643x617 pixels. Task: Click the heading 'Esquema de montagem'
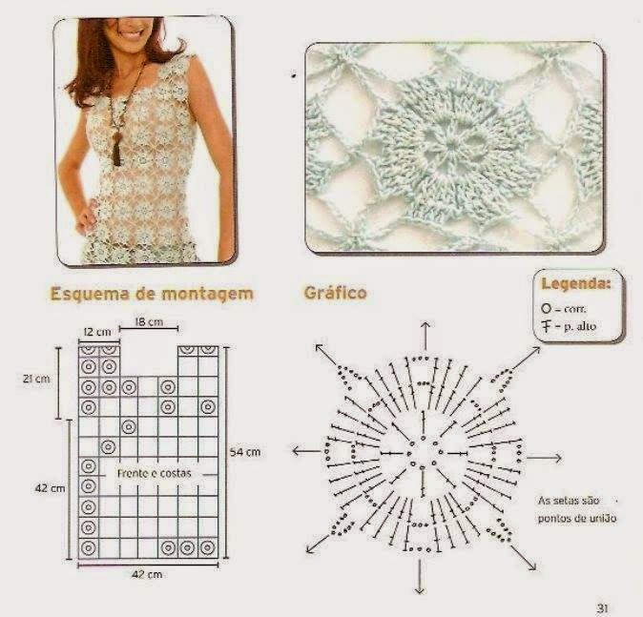point(152,294)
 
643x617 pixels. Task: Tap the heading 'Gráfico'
point(335,293)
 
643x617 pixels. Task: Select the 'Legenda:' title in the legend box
point(576,283)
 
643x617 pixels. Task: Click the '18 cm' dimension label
point(149,321)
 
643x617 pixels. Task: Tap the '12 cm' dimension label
point(97,332)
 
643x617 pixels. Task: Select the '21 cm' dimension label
point(36,379)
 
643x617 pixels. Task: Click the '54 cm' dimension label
point(245,452)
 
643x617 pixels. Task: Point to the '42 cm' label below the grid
point(147,574)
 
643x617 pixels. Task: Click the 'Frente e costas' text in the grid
point(155,474)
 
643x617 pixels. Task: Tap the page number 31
point(602,608)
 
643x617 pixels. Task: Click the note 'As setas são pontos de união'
point(577,509)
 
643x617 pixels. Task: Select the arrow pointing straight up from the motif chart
point(425,337)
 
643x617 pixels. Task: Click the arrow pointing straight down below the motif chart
point(420,577)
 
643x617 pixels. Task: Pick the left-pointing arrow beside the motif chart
point(306,451)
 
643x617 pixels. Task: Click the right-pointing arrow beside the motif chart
point(544,458)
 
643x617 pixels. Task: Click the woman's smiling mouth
point(132,33)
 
